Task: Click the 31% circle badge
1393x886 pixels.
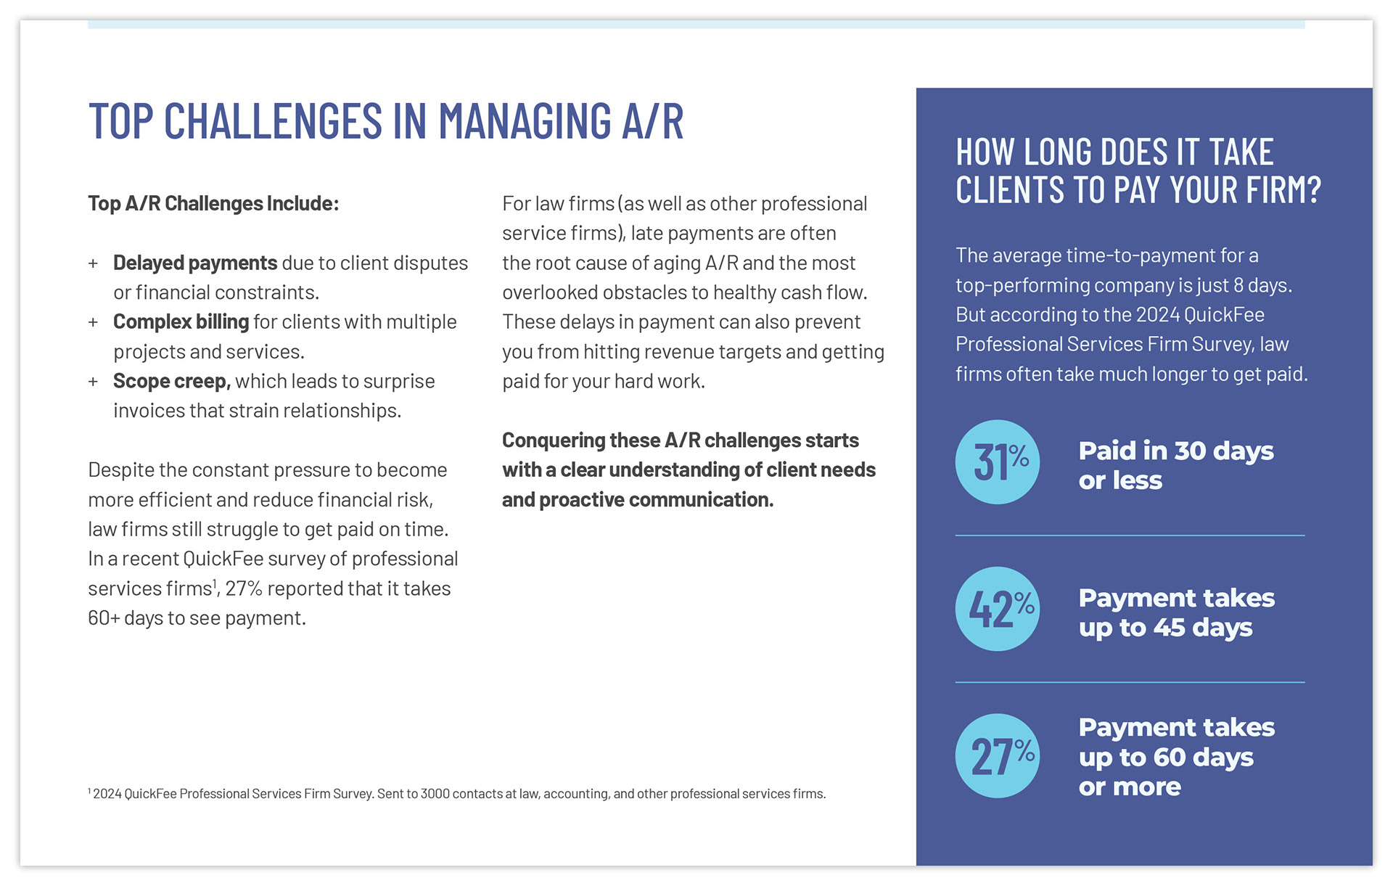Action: pyautogui.click(x=997, y=462)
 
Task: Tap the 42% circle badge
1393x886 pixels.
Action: pyautogui.click(x=997, y=609)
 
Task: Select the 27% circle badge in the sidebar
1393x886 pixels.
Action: pyautogui.click(x=997, y=756)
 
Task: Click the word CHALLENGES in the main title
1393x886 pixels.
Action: pyautogui.click(x=273, y=120)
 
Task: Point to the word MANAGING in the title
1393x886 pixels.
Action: pyautogui.click(x=525, y=120)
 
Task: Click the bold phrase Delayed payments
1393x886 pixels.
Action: pyautogui.click(x=194, y=263)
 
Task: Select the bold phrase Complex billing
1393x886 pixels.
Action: pyautogui.click(x=181, y=321)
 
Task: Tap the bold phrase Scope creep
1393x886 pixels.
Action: pyautogui.click(x=171, y=381)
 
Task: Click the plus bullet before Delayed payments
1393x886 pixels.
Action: pyautogui.click(x=93, y=263)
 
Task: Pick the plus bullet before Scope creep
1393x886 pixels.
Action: pyautogui.click(x=93, y=382)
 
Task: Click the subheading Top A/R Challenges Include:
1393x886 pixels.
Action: pyautogui.click(x=213, y=203)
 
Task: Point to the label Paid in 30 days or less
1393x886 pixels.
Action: pyautogui.click(x=1175, y=465)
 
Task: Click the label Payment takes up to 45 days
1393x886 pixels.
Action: pyautogui.click(x=1175, y=612)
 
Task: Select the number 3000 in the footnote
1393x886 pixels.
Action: pyautogui.click(x=435, y=794)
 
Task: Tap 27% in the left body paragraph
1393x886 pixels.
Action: pyautogui.click(x=243, y=588)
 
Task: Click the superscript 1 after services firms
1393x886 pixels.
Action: pyautogui.click(x=215, y=583)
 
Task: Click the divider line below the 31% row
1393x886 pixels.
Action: pyautogui.click(x=1130, y=536)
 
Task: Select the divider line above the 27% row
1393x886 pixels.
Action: pyautogui.click(x=1130, y=682)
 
